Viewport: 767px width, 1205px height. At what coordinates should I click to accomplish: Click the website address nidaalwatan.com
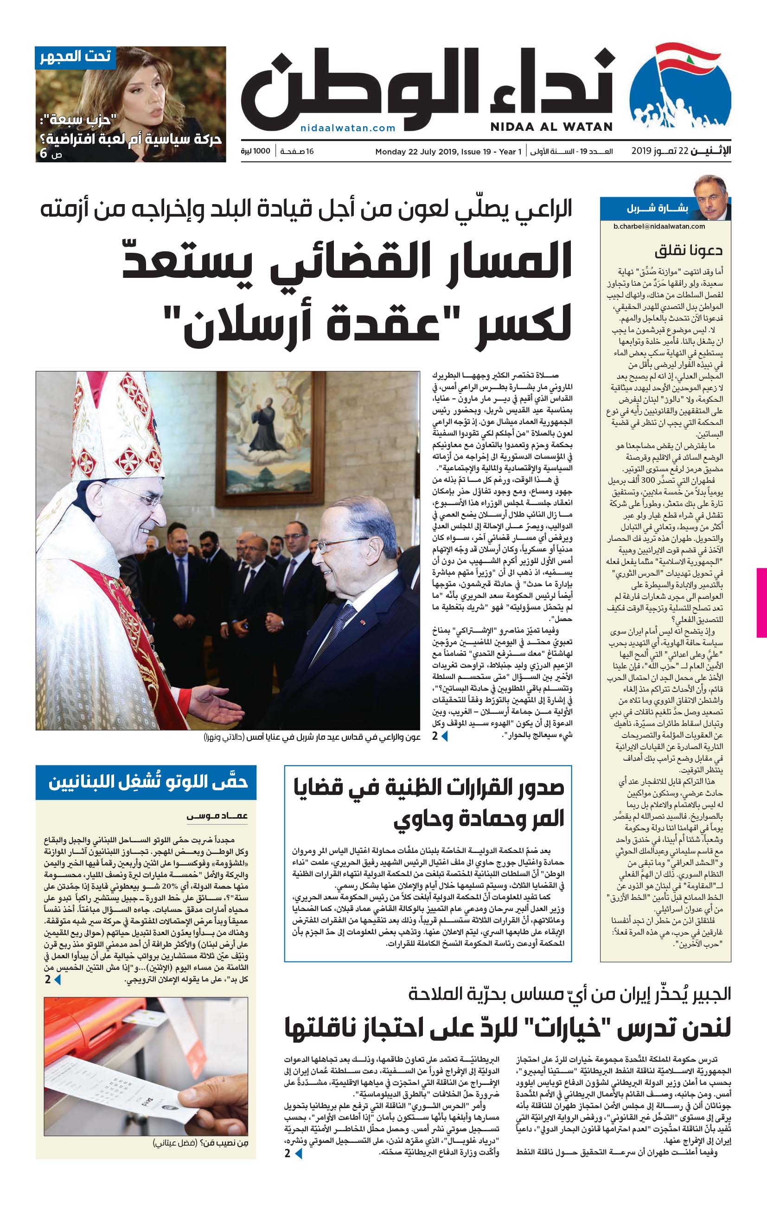[x=348, y=128]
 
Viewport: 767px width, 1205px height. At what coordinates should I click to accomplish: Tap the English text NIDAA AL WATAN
[x=551, y=127]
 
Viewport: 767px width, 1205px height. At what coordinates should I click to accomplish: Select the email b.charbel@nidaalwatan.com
[x=659, y=226]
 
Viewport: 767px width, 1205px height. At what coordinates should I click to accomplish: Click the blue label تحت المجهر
[x=76, y=57]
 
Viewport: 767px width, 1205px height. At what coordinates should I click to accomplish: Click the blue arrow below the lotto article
[x=58, y=980]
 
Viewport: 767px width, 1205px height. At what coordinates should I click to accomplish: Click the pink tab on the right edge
[x=761, y=602]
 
